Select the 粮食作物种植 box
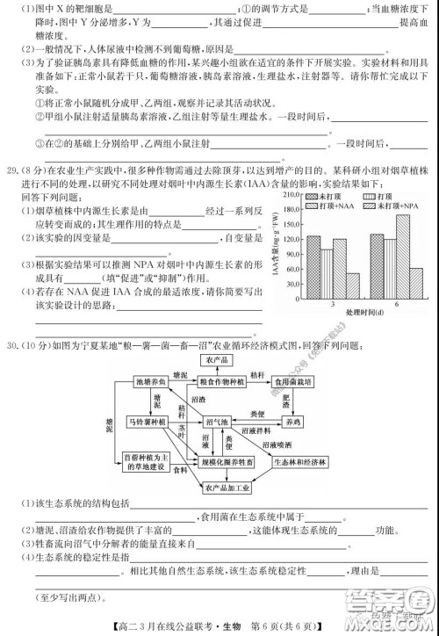[x=219, y=382]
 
